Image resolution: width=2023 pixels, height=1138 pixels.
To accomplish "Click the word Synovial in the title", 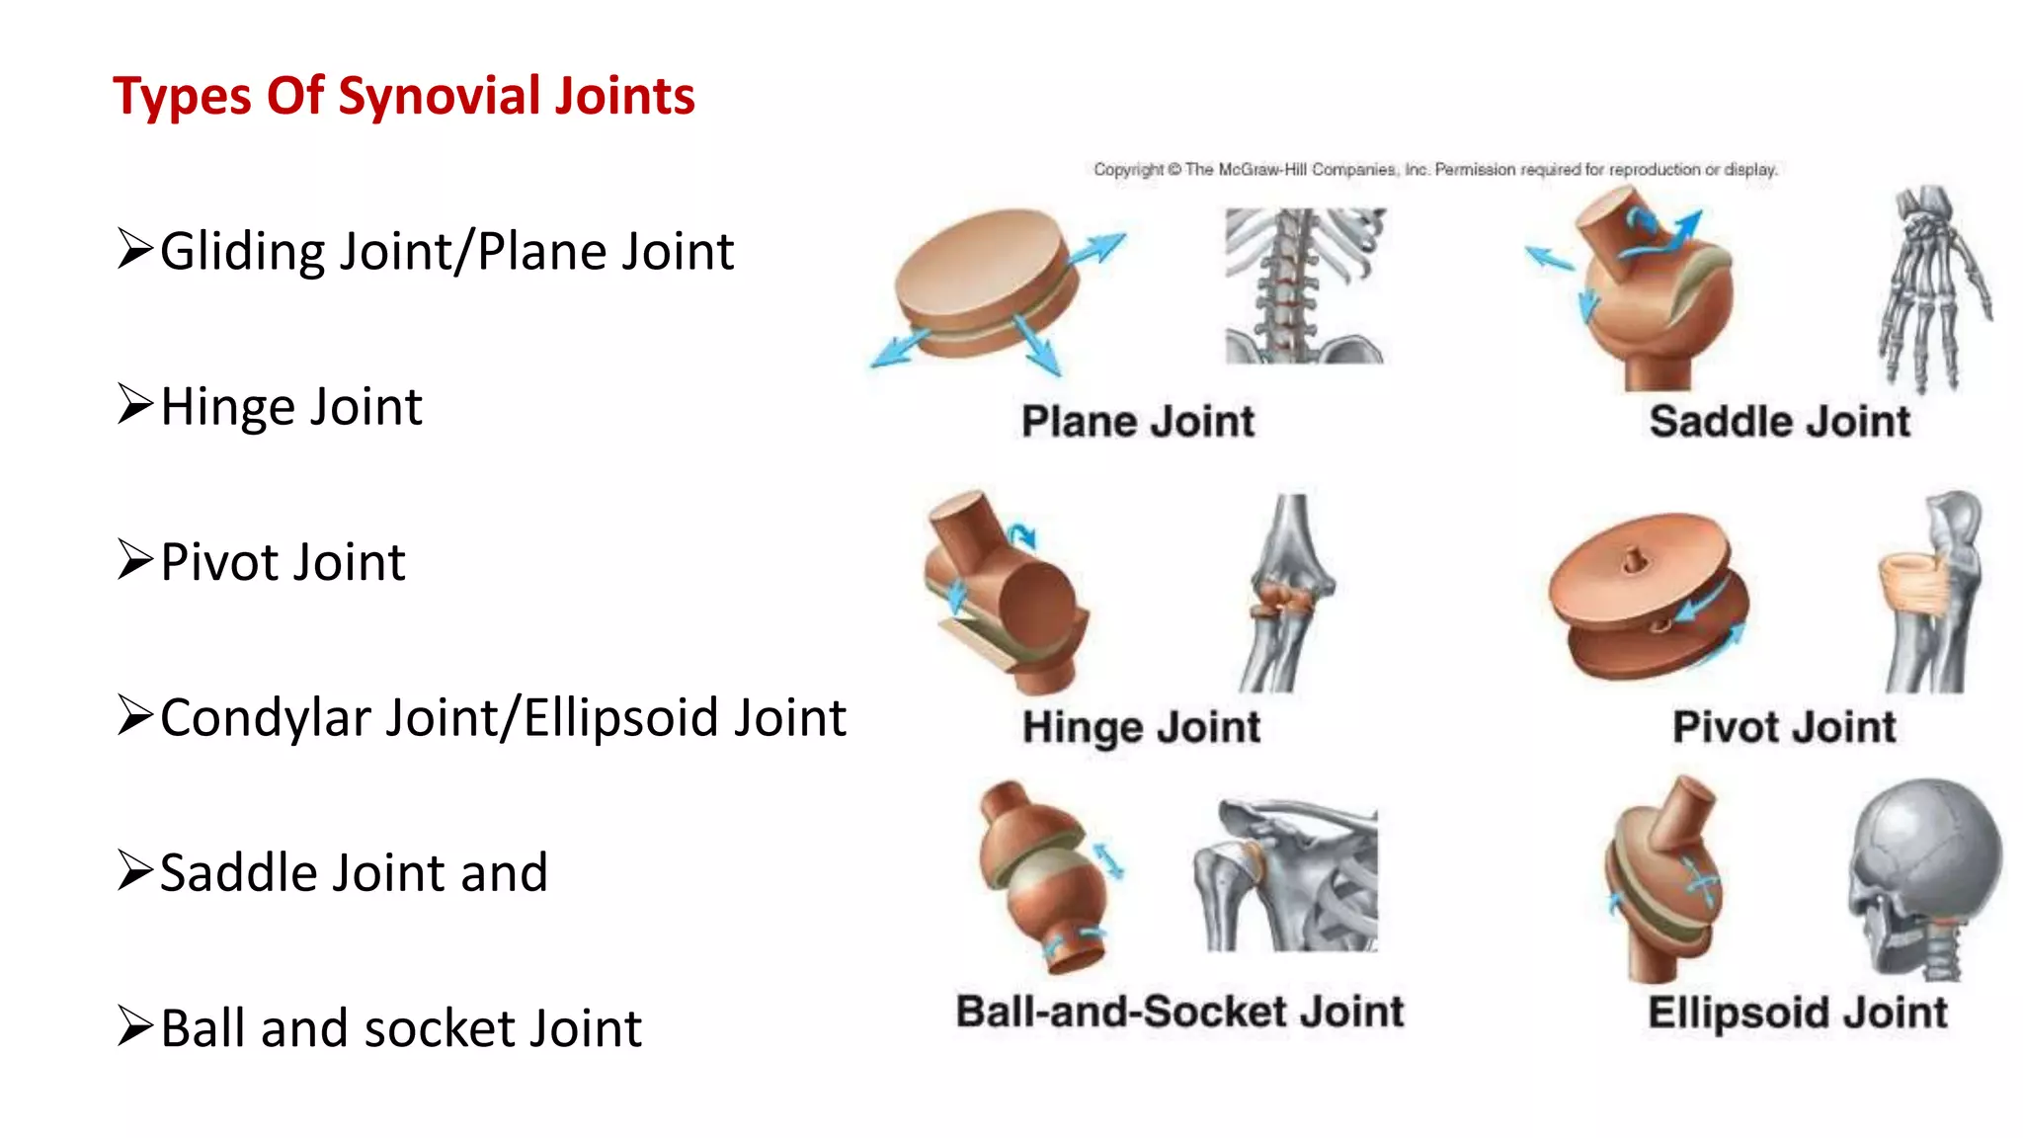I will pyautogui.click(x=439, y=97).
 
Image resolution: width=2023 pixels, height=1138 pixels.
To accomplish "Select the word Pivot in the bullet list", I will pyautogui.click(x=220, y=562).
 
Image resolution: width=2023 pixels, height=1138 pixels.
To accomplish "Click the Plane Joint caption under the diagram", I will pyautogui.click(x=1138, y=422).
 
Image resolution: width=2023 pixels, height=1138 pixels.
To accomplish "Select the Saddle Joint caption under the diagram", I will pyautogui.click(x=1780, y=422).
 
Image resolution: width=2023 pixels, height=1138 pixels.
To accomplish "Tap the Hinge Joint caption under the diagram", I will pyautogui.click(x=1142, y=728).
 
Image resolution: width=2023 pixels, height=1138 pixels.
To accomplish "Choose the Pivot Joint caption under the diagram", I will pyautogui.click(x=1784, y=728).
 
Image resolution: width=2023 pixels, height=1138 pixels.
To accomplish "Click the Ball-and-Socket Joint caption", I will pyautogui.click(x=1180, y=1013).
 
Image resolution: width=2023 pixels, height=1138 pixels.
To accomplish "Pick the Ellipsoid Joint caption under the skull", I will pyautogui.click(x=1798, y=1014).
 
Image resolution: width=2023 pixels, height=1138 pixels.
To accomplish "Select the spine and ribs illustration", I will pyautogui.click(x=1304, y=286).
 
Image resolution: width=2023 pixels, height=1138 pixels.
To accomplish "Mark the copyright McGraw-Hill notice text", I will pyautogui.click(x=1435, y=170).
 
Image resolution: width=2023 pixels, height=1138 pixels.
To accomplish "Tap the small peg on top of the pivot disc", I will pyautogui.click(x=1632, y=560).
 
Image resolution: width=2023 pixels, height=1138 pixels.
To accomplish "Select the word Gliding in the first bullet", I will pyautogui.click(x=242, y=252).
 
